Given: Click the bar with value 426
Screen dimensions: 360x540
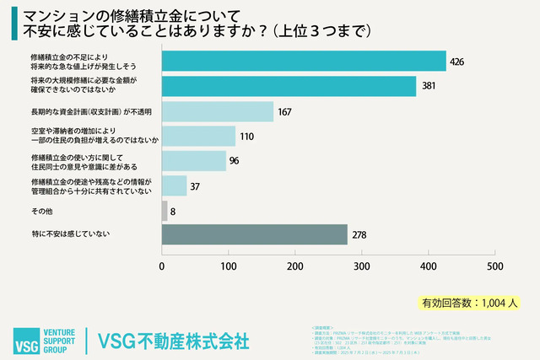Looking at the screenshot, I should click(x=304, y=62).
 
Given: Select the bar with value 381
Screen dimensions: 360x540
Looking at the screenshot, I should click(x=289, y=86).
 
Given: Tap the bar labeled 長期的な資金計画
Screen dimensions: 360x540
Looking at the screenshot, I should click(x=218, y=111).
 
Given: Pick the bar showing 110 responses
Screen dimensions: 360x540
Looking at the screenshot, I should click(x=198, y=136).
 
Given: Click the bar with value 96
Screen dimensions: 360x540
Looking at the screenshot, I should click(x=194, y=160).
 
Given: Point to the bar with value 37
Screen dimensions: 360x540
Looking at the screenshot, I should click(x=175, y=185).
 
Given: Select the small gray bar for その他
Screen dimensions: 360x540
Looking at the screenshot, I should click(x=165, y=210).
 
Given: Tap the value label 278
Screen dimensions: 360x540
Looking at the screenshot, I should click(x=360, y=234).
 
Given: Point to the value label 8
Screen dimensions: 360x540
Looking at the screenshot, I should click(x=173, y=210).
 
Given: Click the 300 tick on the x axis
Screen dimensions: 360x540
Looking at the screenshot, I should click(x=361, y=266).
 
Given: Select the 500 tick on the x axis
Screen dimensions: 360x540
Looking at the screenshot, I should click(x=494, y=266).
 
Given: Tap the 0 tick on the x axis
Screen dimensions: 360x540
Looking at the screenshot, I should click(x=162, y=266).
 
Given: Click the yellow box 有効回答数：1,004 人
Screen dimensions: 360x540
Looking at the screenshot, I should click(x=469, y=302).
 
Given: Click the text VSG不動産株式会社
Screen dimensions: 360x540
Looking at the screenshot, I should click(x=174, y=341).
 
